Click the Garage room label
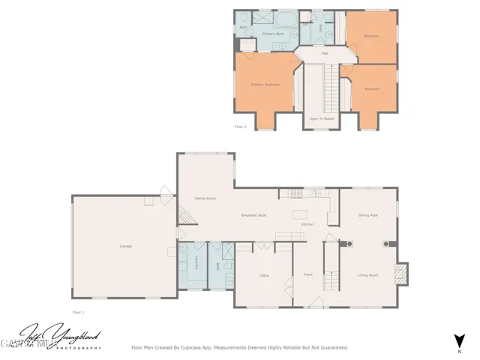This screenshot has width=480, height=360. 125,246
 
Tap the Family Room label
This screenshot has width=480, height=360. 205,198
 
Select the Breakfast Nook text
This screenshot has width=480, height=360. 254,215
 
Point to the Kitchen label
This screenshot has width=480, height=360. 307,224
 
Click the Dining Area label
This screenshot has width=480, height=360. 367,215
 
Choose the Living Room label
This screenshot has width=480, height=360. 367,275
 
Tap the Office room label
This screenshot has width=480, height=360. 264,276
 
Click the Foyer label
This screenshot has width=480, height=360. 307,275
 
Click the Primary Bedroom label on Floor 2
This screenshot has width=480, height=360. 265,85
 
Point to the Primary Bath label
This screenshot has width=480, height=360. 273,34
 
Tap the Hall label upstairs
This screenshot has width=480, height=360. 325,53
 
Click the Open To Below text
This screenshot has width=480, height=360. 321,118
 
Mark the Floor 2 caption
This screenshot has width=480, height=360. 240,127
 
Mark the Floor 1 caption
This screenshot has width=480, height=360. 78,311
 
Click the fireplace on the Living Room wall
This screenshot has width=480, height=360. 402,274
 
